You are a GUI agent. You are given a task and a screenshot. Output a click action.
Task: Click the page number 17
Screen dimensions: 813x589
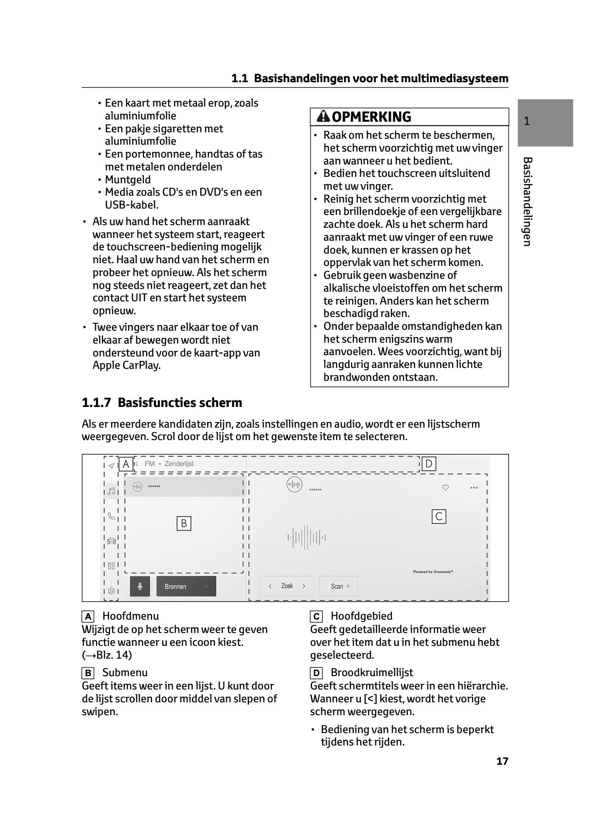pyautogui.click(x=502, y=761)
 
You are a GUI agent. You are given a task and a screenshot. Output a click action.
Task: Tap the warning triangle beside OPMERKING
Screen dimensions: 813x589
pyautogui.click(x=323, y=117)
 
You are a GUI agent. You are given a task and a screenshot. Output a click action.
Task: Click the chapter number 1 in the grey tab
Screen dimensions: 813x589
pyautogui.click(x=527, y=121)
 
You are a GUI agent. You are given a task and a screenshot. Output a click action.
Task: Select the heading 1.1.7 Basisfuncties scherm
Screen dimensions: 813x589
pyautogui.click(x=162, y=403)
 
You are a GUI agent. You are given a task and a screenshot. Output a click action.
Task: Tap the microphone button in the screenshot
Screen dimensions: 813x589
pyautogui.click(x=140, y=587)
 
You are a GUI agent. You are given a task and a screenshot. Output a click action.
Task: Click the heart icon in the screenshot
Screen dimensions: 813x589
pyautogui.click(x=445, y=488)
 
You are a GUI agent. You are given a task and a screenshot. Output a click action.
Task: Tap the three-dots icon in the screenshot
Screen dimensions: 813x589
pyautogui.click(x=474, y=488)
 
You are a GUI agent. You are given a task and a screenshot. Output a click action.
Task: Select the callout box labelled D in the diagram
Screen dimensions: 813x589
pyautogui.click(x=429, y=464)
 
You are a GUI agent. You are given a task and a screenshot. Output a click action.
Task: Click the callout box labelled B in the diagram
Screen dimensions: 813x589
pyautogui.click(x=184, y=524)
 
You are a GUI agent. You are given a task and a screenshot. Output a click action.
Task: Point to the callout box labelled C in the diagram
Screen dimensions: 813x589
pyautogui.click(x=439, y=517)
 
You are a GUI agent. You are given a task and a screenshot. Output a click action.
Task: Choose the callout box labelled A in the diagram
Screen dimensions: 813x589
pyautogui.click(x=125, y=464)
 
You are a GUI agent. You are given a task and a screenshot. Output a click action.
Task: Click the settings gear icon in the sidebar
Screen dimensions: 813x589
pyautogui.click(x=111, y=591)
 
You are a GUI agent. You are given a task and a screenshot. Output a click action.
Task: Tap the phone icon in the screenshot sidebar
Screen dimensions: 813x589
pyautogui.click(x=111, y=516)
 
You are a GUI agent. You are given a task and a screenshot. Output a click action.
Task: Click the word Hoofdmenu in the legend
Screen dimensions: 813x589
pyautogui.click(x=130, y=616)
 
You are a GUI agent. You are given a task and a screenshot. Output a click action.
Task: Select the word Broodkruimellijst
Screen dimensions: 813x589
pyautogui.click(x=372, y=672)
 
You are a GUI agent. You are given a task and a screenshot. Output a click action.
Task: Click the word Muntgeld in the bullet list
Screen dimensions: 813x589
pyautogui.click(x=128, y=180)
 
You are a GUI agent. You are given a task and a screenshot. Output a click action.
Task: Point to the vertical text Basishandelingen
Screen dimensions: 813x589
pyautogui.click(x=527, y=202)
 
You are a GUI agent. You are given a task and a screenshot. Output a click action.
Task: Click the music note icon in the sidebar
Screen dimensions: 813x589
pyautogui.click(x=111, y=491)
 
